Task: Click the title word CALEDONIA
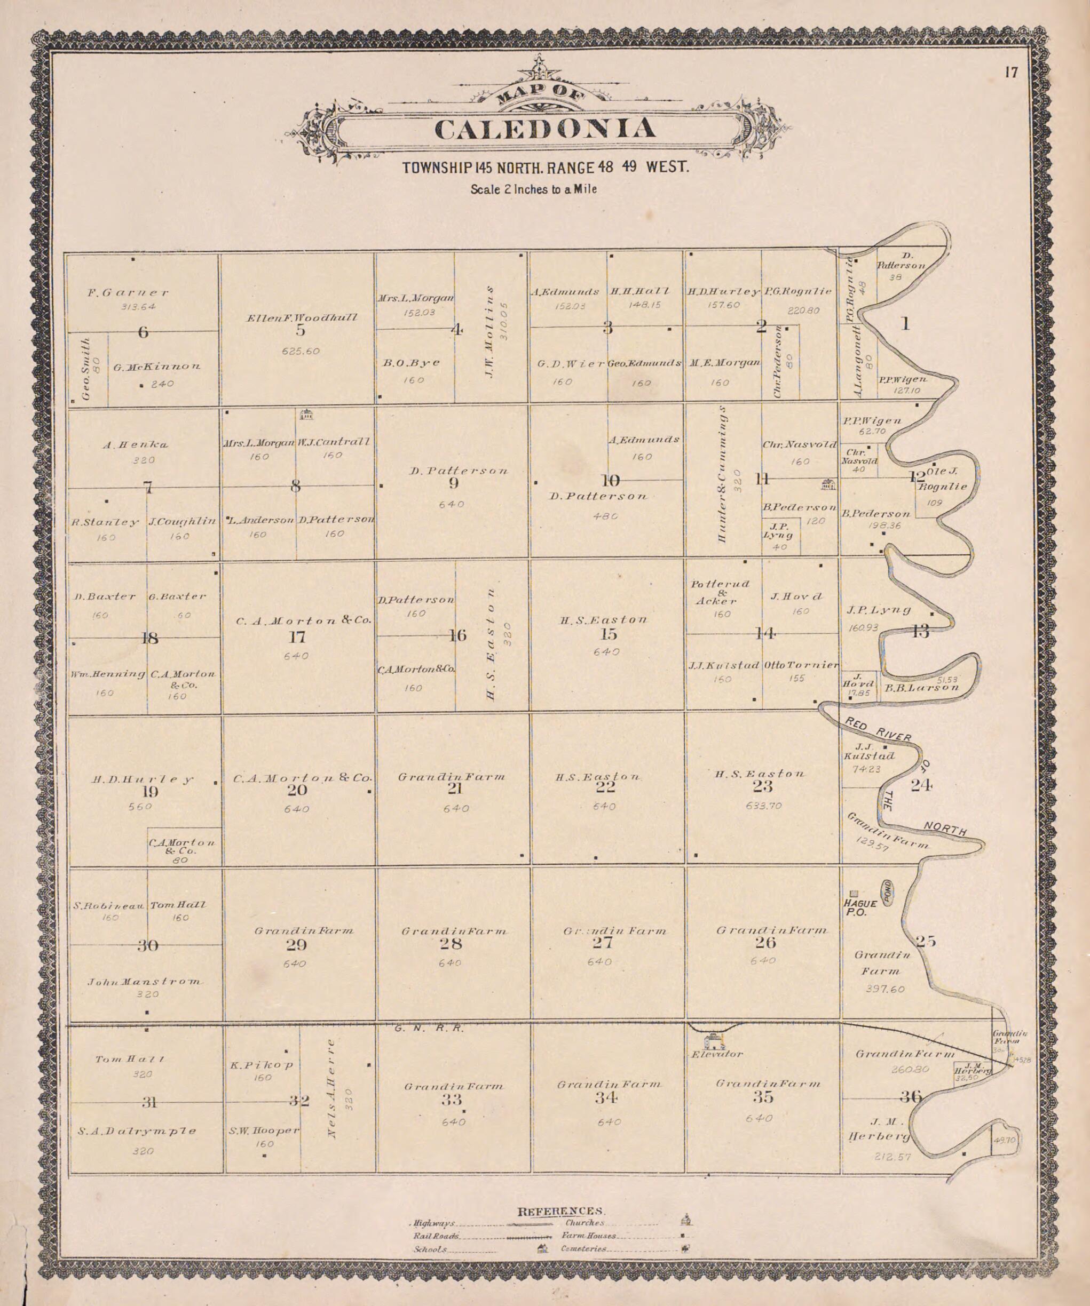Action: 544,128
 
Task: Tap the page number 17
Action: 1011,73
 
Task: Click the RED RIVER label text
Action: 877,729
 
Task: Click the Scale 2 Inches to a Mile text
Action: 533,189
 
